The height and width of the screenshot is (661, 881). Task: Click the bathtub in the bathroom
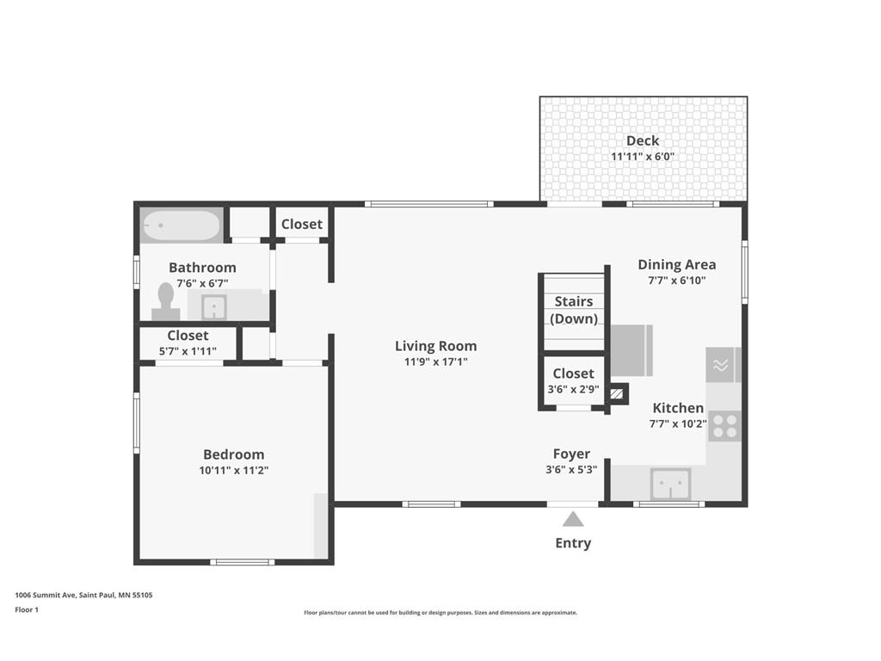point(181,225)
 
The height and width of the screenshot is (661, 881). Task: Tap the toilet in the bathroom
point(166,301)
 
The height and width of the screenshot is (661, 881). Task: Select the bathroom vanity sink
point(214,307)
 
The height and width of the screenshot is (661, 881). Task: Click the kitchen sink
point(671,484)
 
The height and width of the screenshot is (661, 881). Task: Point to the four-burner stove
point(724,426)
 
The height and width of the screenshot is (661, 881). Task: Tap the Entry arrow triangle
point(572,519)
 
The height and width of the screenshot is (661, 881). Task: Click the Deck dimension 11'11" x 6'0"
point(643,157)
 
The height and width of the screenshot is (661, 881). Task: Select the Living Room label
point(435,346)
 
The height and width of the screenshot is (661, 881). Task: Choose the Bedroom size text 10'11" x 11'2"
point(234,470)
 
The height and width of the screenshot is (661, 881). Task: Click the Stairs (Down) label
point(574,310)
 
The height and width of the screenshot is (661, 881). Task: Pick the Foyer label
point(571,454)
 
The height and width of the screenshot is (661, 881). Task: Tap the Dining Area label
point(677,264)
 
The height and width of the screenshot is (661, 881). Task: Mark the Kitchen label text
point(678,407)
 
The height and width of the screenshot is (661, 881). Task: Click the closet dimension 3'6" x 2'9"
point(573,389)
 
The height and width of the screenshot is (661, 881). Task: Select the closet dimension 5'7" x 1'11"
point(188,351)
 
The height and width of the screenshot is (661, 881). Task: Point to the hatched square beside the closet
point(618,393)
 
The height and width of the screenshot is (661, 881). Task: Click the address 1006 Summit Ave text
point(46,595)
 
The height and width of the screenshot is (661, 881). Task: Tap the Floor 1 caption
point(27,610)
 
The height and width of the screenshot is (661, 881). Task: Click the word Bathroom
point(202,268)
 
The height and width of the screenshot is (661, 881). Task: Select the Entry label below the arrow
point(573,543)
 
